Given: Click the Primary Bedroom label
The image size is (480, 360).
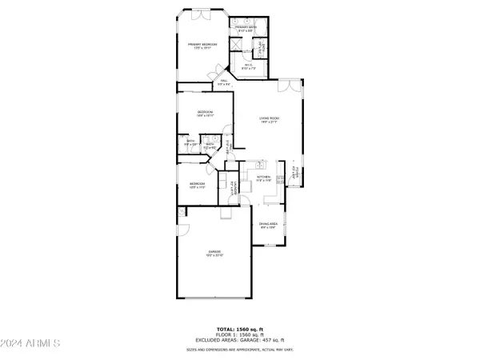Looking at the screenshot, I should pos(203,46).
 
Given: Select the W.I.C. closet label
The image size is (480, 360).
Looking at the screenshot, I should pos(249,67).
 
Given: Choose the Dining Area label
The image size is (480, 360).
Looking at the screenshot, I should pos(267,226).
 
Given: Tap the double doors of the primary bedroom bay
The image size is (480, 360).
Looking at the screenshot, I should pos(202,14).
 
